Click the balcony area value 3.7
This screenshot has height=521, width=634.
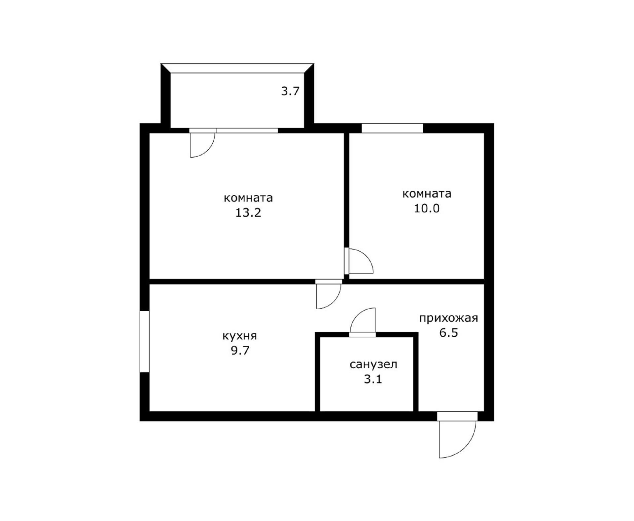tap(290, 91)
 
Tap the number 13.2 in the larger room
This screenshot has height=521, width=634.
tap(248, 212)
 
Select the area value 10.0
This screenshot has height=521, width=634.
tap(427, 208)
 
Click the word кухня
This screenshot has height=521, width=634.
tap(239, 336)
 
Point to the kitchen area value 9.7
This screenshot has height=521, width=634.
tap(240, 350)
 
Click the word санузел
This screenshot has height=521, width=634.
tap(373, 365)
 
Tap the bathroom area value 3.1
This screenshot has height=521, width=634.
tap(373, 379)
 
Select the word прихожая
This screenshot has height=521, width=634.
tap(448, 318)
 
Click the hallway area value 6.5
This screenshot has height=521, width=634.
tap(448, 332)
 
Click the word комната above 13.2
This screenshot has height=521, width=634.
tap(248, 198)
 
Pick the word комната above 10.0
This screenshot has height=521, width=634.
tap(427, 194)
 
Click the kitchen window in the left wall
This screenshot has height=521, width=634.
tap(145, 342)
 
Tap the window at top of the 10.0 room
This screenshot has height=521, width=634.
tap(392, 128)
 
